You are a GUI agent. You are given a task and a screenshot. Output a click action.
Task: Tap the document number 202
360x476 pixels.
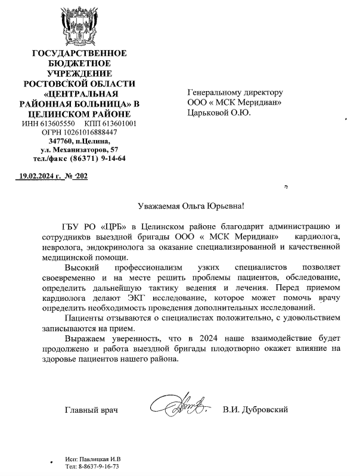tap(80, 177)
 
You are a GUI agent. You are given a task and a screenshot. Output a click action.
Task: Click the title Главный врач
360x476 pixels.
tap(91, 410)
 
